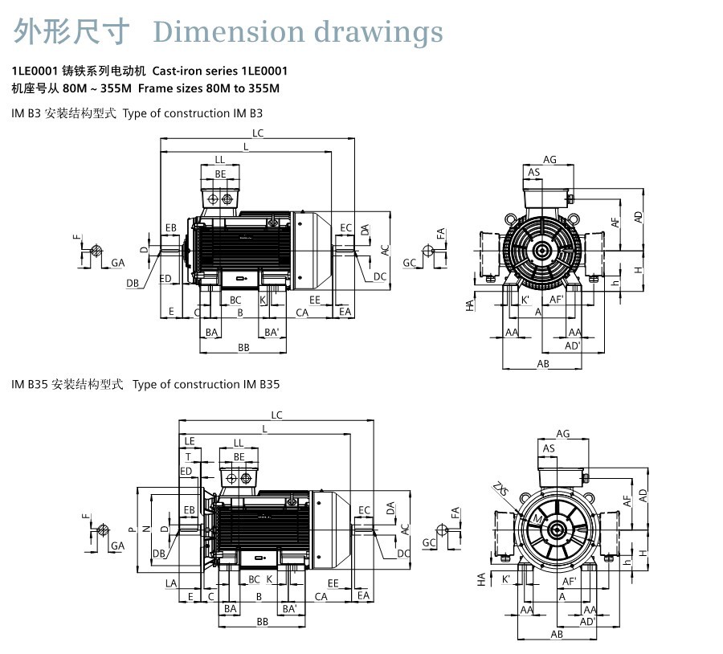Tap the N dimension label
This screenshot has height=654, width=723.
click(x=146, y=529)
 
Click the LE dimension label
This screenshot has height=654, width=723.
click(x=190, y=441)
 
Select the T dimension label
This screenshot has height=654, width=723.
click(x=188, y=456)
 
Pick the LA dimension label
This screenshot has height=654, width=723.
click(x=170, y=582)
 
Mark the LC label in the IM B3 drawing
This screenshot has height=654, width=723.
click(x=258, y=133)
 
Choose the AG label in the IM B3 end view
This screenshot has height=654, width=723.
click(x=549, y=160)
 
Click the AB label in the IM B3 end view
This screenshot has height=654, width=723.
click(x=543, y=364)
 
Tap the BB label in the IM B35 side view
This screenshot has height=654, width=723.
click(x=262, y=623)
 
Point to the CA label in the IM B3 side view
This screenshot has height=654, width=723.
click(x=302, y=312)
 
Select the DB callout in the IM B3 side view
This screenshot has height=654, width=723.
click(x=133, y=283)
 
